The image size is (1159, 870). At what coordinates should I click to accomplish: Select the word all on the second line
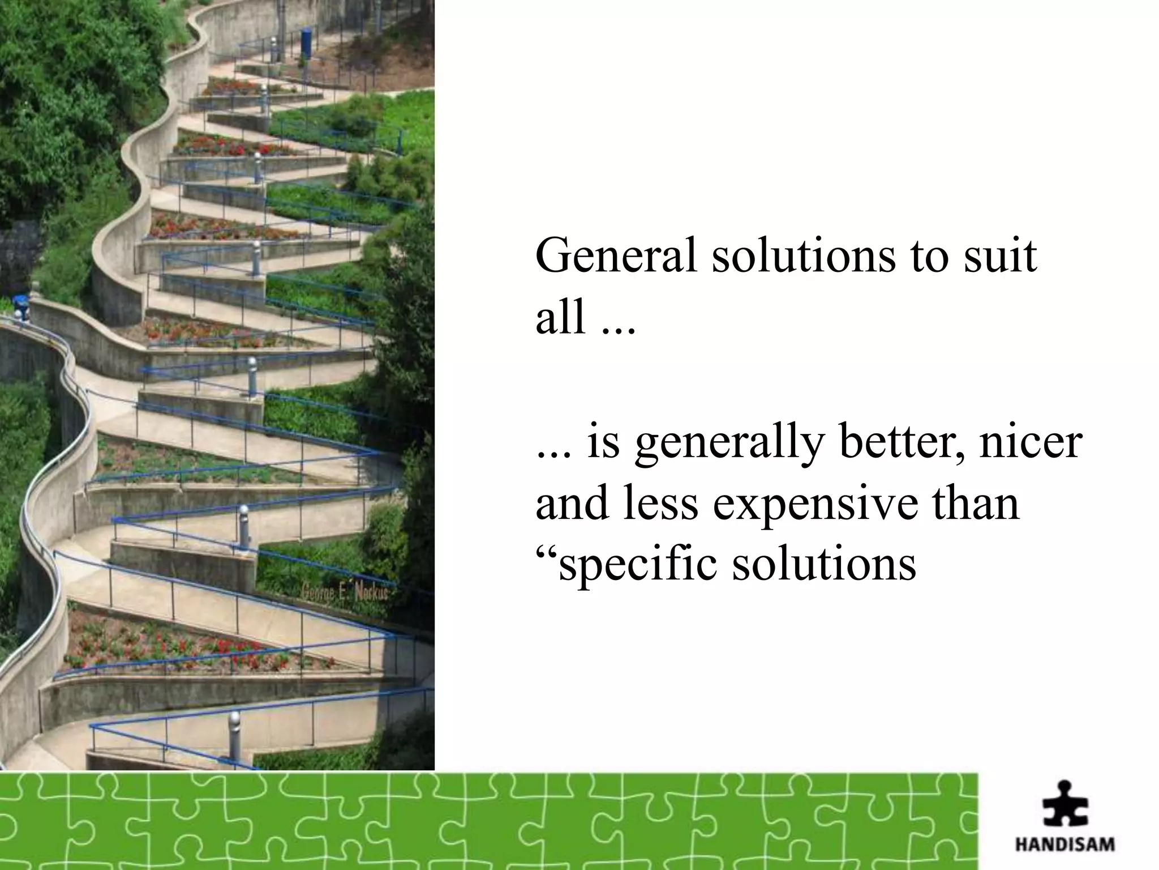coord(560,318)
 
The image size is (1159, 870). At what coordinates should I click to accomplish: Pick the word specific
coord(637,565)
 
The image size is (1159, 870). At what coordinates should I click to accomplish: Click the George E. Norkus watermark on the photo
coord(346,592)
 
